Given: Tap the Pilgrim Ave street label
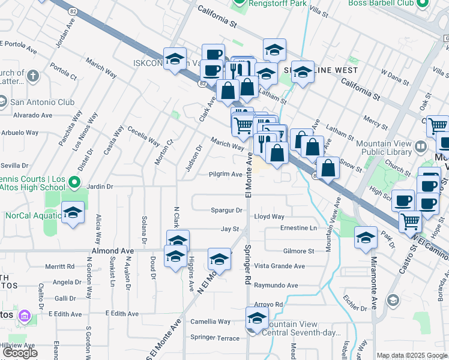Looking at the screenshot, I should click(x=225, y=174).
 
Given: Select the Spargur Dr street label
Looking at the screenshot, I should click(x=226, y=210).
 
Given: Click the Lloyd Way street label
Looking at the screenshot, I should click(x=269, y=216).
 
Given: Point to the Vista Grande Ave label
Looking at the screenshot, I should click(x=279, y=266).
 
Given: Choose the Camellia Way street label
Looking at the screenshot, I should click(x=210, y=322).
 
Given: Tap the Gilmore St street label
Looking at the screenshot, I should click(x=298, y=251).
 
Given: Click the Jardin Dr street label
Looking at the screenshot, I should click(x=100, y=187).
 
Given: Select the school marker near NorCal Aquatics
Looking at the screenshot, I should click(x=73, y=213).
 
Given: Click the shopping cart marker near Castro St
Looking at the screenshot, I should click(x=410, y=221).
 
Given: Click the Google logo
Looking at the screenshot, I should click(x=20, y=353).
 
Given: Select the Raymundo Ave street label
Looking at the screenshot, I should click(x=276, y=286).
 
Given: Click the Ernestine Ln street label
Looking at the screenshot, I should click(x=298, y=228).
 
